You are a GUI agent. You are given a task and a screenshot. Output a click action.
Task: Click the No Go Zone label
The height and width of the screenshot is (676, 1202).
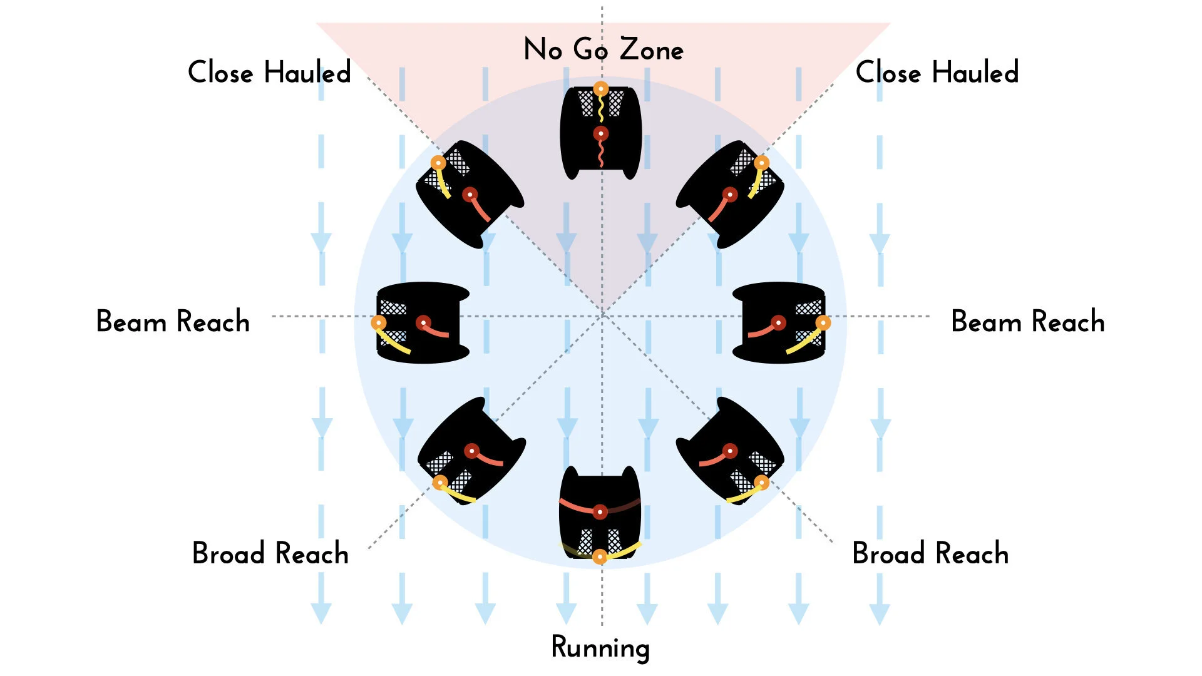(603, 49)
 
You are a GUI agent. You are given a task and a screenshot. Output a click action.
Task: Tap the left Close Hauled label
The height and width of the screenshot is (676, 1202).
(269, 73)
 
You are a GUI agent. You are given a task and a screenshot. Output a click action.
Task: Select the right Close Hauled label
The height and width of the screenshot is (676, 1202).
(937, 73)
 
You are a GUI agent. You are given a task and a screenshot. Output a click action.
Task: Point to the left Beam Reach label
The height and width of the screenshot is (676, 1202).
(173, 321)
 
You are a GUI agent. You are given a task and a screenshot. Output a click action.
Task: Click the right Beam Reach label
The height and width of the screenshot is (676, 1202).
(1027, 321)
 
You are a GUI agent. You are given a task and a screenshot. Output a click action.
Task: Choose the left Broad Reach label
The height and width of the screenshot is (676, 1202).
(270, 553)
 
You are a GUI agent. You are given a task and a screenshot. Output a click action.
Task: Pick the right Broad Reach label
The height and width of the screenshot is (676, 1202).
(930, 553)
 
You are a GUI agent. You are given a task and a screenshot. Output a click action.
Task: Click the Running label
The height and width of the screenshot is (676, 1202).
(600, 647)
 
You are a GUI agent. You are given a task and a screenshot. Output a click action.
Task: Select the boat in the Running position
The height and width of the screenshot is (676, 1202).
(600, 513)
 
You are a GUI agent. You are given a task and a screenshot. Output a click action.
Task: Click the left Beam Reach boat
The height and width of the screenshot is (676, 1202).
(423, 322)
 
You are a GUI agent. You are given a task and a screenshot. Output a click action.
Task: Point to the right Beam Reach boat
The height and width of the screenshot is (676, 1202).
(779, 322)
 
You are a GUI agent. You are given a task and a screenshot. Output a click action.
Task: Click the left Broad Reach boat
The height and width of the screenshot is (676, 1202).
(471, 451)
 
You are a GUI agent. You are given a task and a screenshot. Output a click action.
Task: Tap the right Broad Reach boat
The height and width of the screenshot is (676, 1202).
(730, 451)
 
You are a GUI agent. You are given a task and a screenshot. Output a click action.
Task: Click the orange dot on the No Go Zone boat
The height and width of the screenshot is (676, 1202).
(600, 89)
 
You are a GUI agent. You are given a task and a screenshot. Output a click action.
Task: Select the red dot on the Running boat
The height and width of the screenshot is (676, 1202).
(600, 512)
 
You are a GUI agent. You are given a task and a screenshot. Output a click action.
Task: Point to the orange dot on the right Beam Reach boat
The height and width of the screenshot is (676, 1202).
(823, 323)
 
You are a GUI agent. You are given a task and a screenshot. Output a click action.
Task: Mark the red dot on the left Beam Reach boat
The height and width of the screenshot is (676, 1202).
(423, 323)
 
